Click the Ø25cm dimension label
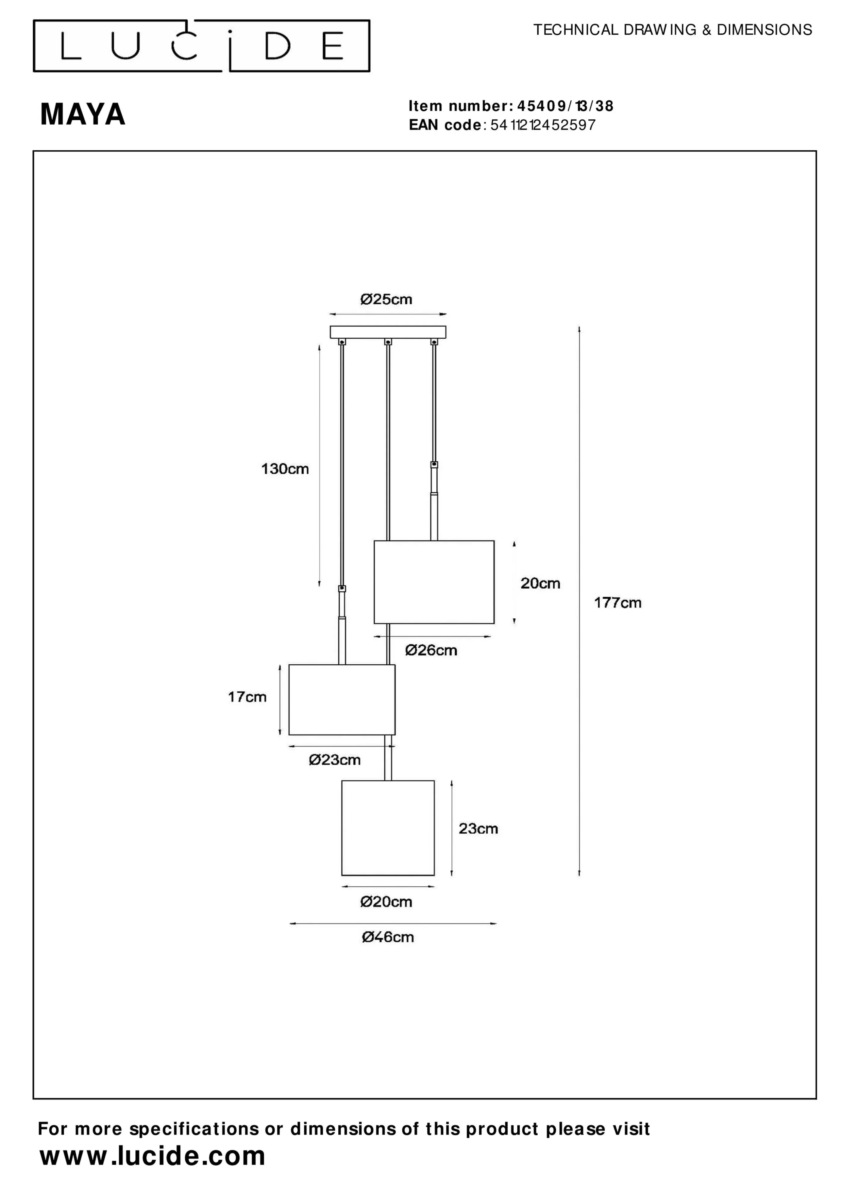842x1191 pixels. click(386, 299)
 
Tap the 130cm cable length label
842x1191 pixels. click(285, 469)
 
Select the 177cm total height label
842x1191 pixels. click(617, 603)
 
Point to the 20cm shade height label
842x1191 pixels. click(540, 583)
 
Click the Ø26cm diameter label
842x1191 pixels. click(431, 651)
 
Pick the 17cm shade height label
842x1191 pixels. click(247, 697)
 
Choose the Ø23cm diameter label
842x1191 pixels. click(335, 760)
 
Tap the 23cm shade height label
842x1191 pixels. click(478, 829)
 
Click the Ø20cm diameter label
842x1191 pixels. click(386, 902)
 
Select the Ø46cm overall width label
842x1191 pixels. click(388, 937)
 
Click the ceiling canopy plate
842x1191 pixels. click(388, 332)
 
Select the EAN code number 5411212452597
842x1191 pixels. click(543, 125)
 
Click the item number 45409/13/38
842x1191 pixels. click(565, 106)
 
